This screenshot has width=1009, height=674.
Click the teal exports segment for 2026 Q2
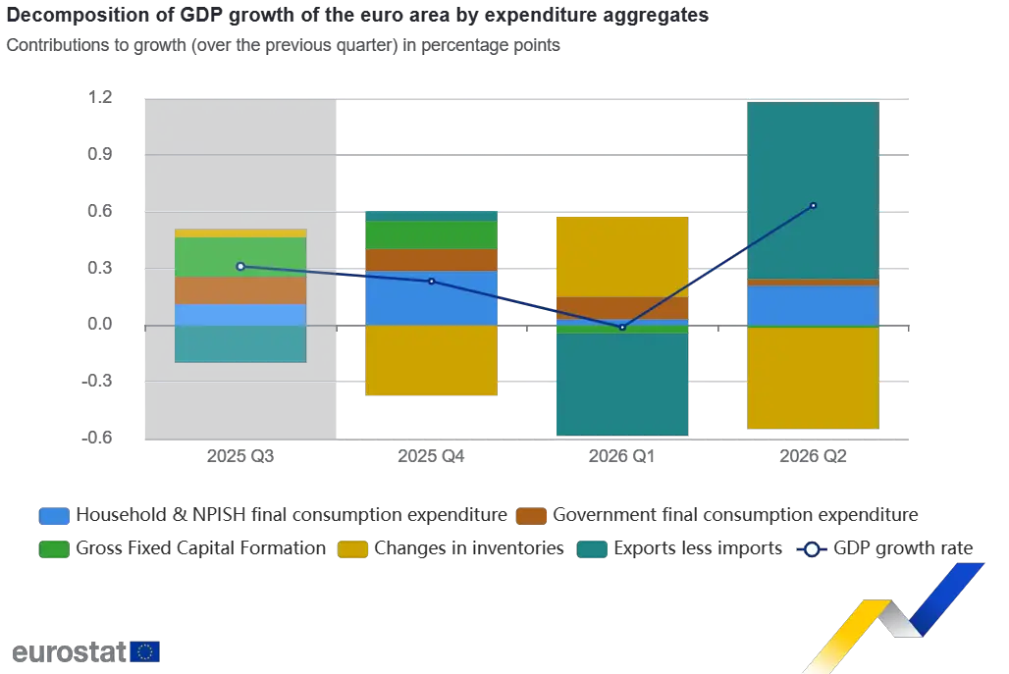click(813, 190)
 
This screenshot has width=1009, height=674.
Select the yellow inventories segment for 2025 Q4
click(431, 360)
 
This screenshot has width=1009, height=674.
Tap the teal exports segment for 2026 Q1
click(622, 385)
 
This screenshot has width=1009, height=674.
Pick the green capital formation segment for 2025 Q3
click(240, 257)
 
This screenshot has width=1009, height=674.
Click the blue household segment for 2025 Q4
click(431, 298)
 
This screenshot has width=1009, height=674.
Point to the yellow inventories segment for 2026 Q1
click(622, 257)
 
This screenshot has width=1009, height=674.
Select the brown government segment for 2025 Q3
click(240, 290)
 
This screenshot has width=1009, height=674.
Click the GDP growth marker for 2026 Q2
click(814, 206)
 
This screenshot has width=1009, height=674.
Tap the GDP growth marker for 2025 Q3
click(240, 266)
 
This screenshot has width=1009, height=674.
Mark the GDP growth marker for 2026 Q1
click(622, 328)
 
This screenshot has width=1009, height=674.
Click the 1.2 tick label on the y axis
click(100, 97)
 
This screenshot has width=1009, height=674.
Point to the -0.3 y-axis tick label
click(96, 381)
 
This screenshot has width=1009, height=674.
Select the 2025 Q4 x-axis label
click(431, 456)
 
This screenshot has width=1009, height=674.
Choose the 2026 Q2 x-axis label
click(813, 456)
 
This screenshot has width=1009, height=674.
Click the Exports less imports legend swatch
click(592, 549)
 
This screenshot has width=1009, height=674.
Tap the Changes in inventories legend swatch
click(352, 549)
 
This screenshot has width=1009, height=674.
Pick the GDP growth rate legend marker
click(812, 549)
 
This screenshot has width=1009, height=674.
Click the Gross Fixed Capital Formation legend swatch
click(54, 549)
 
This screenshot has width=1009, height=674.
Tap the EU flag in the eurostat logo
click(145, 651)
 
